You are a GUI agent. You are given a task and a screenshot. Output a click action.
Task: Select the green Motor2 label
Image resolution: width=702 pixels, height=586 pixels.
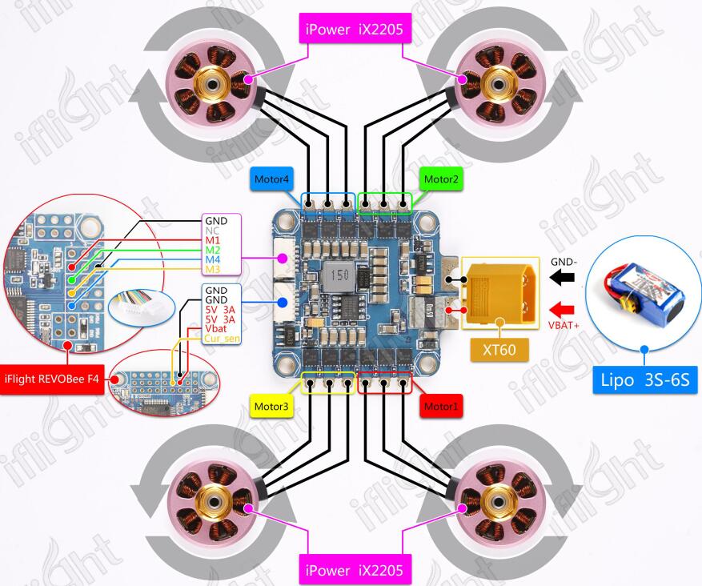tap(441, 179)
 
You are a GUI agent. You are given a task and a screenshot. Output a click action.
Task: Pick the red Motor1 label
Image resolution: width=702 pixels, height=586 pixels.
tap(441, 407)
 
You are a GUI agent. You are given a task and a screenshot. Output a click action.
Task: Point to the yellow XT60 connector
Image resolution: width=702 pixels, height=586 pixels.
tap(498, 291)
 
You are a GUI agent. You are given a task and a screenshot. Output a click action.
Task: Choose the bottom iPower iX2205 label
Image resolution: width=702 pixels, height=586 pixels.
tap(357, 570)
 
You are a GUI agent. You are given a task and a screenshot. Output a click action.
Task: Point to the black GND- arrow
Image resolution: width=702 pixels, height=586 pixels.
tap(562, 277)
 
